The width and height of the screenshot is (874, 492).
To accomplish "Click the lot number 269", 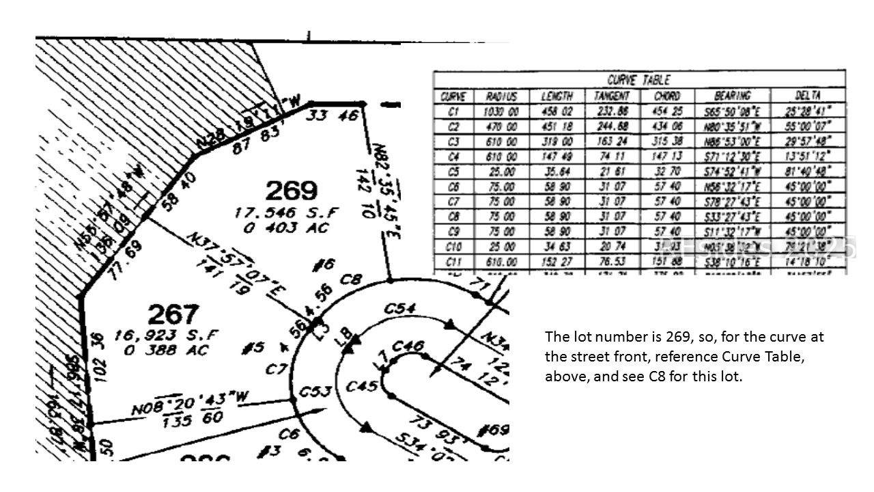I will coord(292,190).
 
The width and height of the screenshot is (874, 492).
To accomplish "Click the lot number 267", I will coord(173,315).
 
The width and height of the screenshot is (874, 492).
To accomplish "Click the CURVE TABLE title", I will coord(638,80).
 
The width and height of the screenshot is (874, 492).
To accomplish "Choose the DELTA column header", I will coord(808,96).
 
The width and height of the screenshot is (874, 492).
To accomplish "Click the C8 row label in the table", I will coord(453,217).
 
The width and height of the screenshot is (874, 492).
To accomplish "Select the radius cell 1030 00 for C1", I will coord(500,111).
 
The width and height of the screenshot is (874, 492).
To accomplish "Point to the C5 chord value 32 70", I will coord(666,172).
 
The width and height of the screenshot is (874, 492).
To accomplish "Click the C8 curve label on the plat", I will coord(350,279).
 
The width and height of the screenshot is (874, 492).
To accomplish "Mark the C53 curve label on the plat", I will coord(316,392).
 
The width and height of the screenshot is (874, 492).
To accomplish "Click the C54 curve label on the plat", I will coord(399,308).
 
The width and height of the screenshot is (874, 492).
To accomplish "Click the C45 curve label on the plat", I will coord(361,386).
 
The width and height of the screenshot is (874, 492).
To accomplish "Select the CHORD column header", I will coord(666,96).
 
